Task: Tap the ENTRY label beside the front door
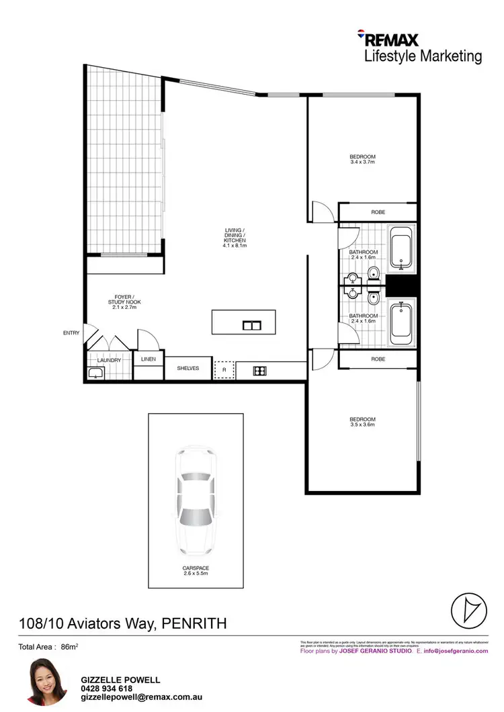point(71,332)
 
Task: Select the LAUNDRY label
point(110,361)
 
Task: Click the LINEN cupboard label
point(149,359)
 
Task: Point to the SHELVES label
point(188,368)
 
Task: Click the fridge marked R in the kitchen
point(224,369)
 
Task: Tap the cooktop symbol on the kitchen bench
point(260,369)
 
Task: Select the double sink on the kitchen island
point(252,326)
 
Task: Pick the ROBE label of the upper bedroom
point(378,212)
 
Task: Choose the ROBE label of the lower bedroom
point(378,359)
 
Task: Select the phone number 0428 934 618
point(107,688)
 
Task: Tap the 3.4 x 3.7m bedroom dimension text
point(362,162)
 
